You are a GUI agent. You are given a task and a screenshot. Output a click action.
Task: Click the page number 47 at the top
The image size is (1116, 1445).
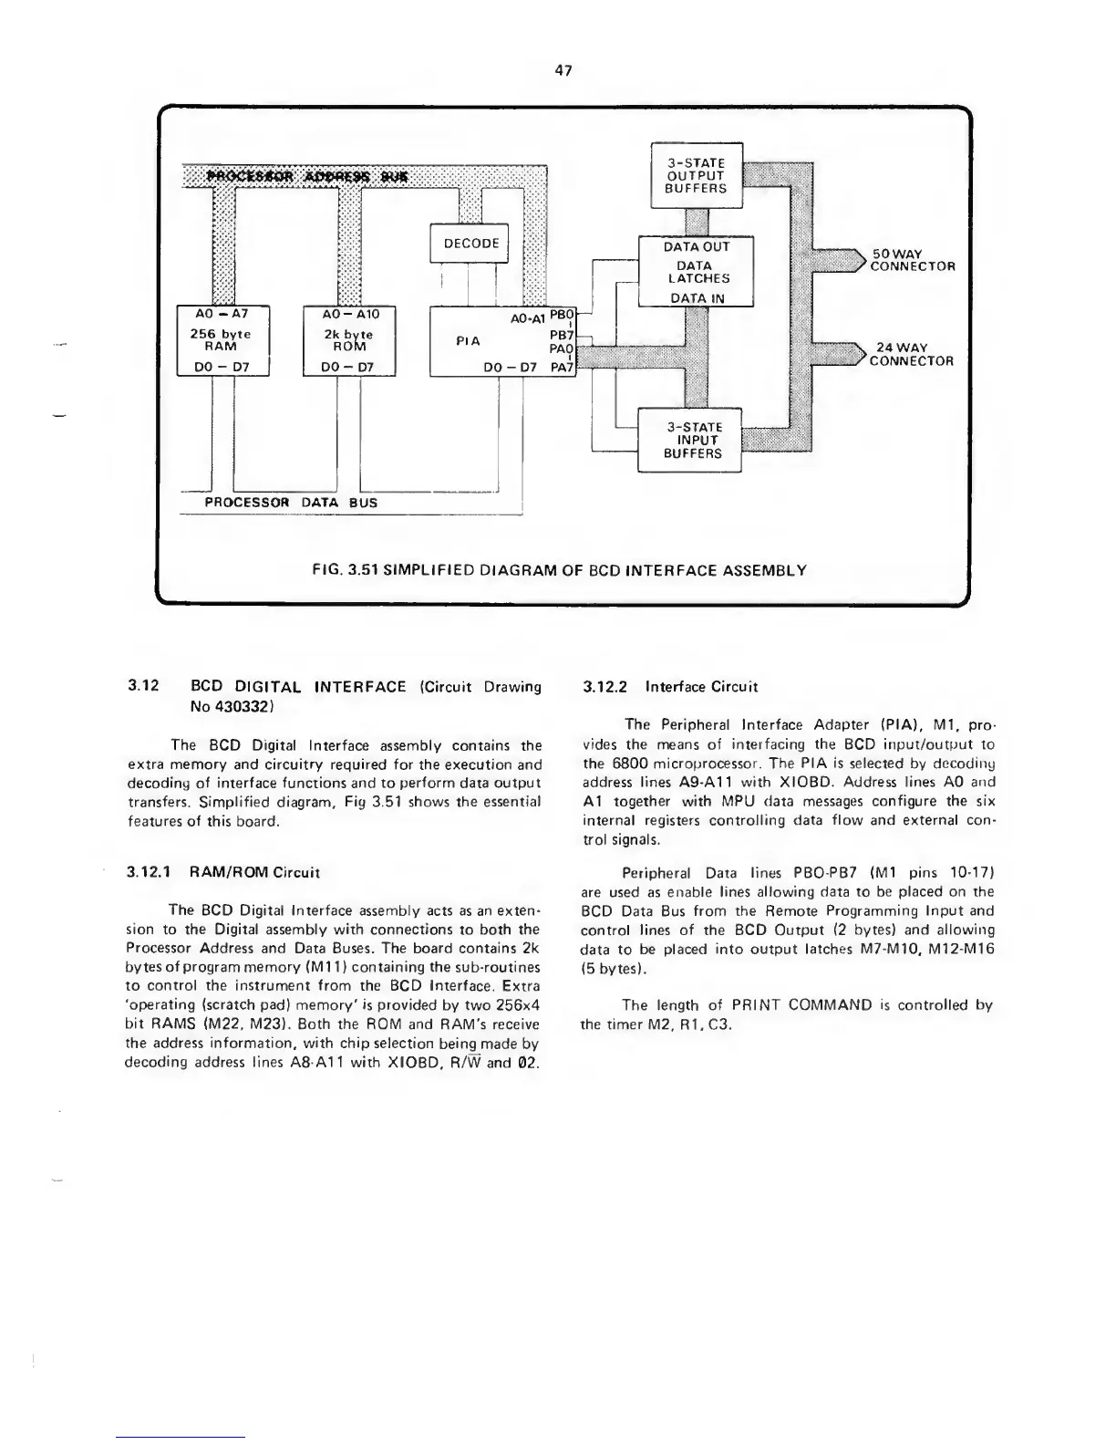coord(563,71)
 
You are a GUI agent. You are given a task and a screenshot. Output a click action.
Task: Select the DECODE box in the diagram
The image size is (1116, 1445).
coord(470,244)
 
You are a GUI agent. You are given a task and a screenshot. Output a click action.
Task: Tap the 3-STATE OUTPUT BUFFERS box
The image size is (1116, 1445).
coord(697,175)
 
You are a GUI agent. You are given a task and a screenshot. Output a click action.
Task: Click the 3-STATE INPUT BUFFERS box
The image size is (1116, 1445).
coord(692,440)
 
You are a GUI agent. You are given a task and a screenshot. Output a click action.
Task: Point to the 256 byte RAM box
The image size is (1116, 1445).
coord(220,340)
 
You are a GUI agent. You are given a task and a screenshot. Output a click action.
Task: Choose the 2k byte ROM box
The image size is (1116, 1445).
coord(348,340)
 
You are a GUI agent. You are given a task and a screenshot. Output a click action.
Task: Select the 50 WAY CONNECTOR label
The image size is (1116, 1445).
coord(912,260)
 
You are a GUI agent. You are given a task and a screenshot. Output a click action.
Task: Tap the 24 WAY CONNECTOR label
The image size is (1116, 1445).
coord(911,354)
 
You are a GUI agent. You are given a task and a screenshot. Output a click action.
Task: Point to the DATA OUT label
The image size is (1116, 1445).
coord(696,246)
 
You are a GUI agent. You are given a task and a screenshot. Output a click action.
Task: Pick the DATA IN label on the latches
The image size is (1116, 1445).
coord(696,297)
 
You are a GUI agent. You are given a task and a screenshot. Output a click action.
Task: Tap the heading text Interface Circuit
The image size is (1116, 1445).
coord(701,687)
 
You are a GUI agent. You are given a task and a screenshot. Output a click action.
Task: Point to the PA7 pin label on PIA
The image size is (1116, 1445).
coord(561,368)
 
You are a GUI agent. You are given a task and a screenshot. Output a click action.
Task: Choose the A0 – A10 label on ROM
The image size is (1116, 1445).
coord(348,312)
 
